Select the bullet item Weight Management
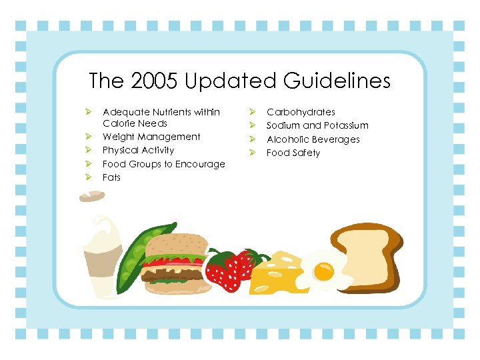click(151, 137)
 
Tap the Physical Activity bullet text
click(138, 150)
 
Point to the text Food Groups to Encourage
click(163, 164)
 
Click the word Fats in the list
click(111, 177)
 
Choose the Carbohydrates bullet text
click(301, 112)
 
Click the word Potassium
click(345, 125)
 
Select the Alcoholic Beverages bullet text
click(313, 139)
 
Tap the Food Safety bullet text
click(293, 153)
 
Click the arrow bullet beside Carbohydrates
click(253, 112)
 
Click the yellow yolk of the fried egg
click(324, 271)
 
